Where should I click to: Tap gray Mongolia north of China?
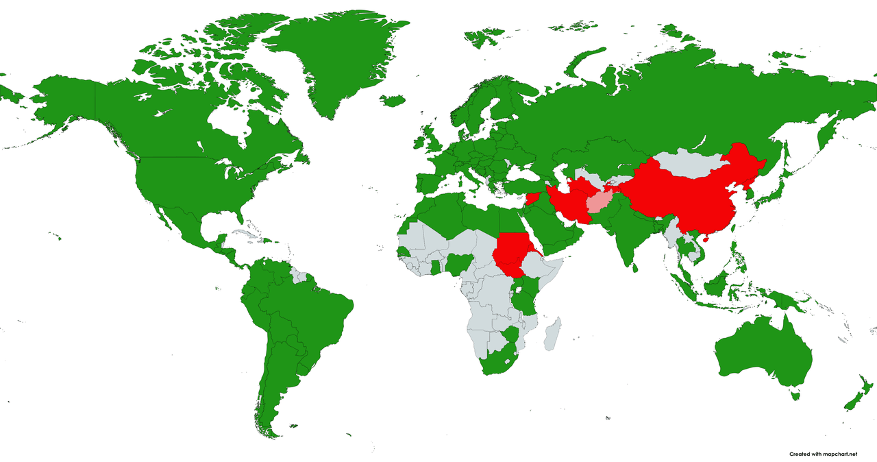click(689, 164)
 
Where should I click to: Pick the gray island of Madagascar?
click(554, 333)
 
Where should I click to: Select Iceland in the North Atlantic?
click(393, 101)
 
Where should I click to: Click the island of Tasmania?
click(795, 395)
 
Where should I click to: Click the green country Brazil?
click(308, 308)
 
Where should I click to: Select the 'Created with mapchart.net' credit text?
click(822, 454)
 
